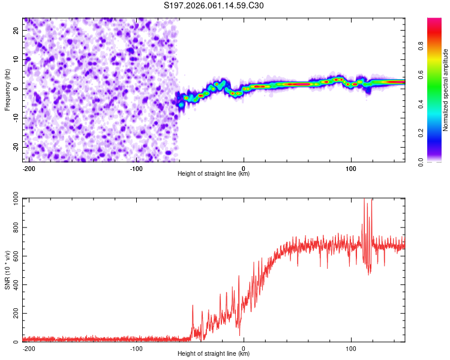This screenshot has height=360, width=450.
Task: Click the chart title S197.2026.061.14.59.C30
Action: coord(214,6)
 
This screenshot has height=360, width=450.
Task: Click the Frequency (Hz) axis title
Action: coord(7,90)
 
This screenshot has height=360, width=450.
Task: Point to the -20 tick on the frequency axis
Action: coord(16,146)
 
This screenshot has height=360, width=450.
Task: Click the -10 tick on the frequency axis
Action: coord(16,118)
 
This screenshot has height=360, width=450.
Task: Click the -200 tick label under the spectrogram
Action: coord(29,168)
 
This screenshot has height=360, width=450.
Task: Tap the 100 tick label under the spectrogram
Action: coord(351,168)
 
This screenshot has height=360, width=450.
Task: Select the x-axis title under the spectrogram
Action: coord(214,174)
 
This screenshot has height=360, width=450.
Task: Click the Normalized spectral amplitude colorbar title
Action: coord(446,91)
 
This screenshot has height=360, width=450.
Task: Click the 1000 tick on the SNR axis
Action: coord(12,200)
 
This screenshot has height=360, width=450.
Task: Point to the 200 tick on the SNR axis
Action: coord(14,314)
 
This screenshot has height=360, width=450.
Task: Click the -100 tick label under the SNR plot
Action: coord(136,348)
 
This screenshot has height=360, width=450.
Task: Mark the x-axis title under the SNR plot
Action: coord(214,354)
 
